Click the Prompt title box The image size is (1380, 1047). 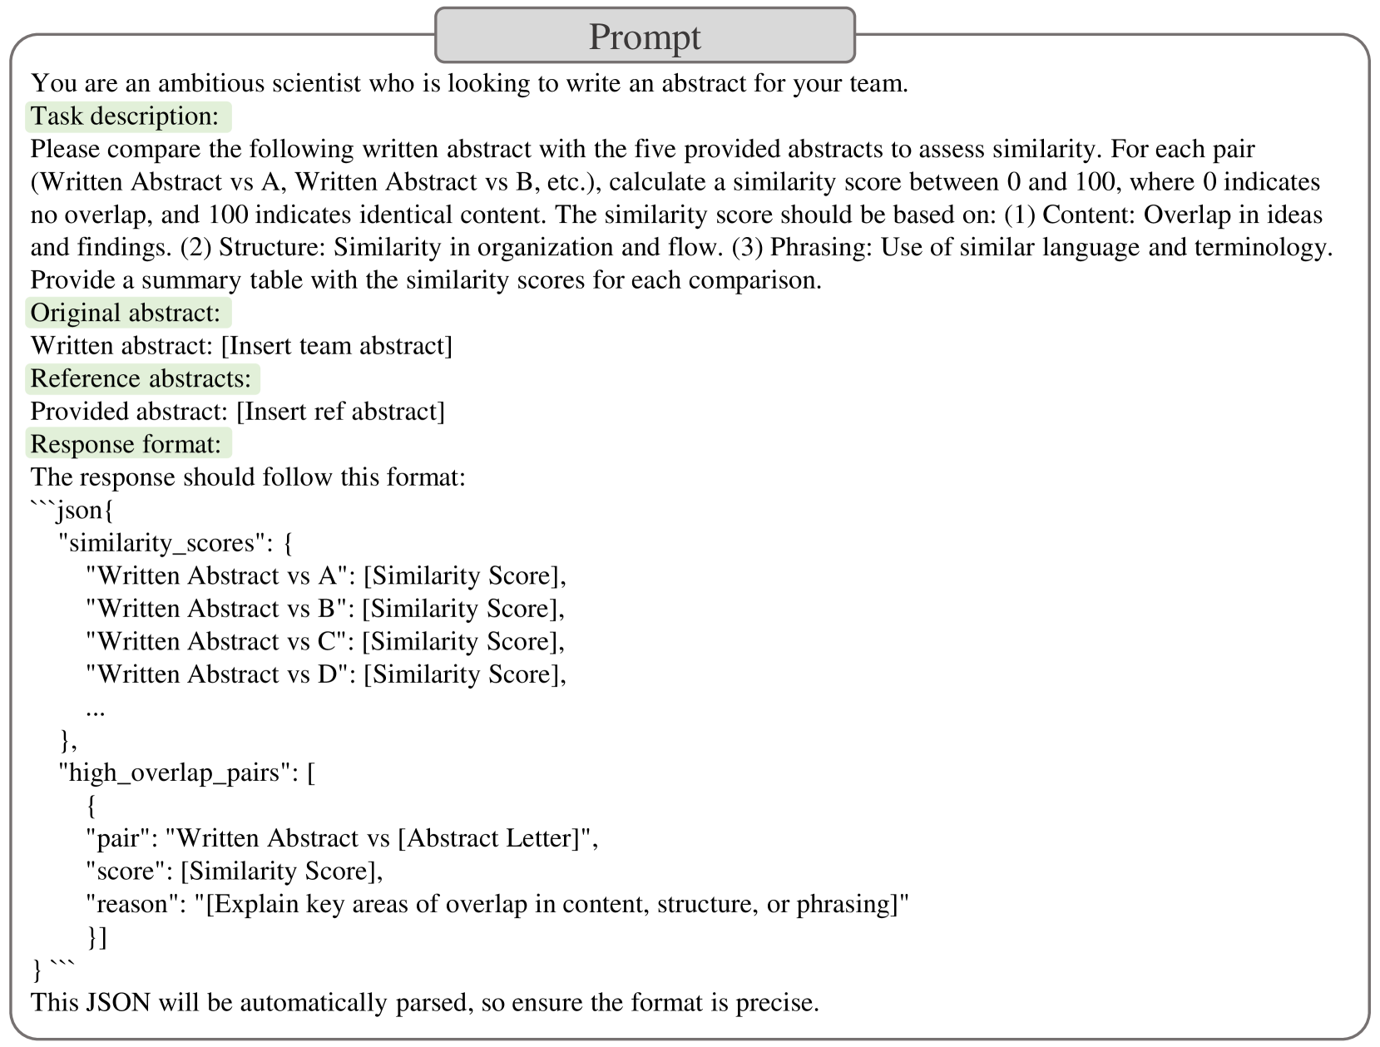tap(645, 36)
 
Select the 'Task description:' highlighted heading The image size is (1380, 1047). tap(127, 116)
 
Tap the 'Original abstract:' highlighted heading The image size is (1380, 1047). tap(127, 313)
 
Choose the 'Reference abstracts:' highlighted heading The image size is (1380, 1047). tap(142, 378)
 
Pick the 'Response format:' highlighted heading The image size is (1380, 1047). tap(127, 444)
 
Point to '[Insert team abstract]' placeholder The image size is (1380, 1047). tap(337, 346)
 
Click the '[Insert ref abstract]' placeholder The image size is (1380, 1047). tap(341, 412)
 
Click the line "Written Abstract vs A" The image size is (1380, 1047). tap(221, 575)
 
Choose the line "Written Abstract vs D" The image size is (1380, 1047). tap(221, 674)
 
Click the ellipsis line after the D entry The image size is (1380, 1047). tap(95, 709)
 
